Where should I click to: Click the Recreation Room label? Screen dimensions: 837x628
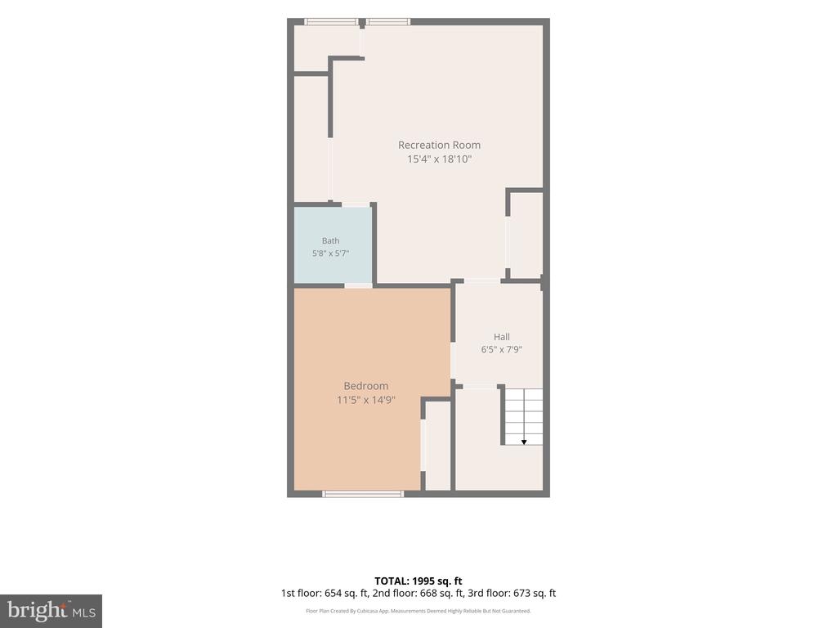coord(439,145)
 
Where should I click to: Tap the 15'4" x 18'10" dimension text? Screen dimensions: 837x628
coord(439,159)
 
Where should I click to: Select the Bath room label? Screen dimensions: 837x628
coord(330,241)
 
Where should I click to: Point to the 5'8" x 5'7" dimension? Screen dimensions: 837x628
coord(330,253)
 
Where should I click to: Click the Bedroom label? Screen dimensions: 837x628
coord(365,386)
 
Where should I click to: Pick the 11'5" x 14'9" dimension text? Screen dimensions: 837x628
coord(365,399)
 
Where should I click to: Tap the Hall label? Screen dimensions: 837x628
coord(501,337)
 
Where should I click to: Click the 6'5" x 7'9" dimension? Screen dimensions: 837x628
coord(501,350)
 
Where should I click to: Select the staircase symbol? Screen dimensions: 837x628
coord(524,416)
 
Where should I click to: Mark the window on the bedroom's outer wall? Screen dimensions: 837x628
coord(363,493)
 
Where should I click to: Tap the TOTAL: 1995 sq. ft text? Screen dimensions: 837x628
coord(418,581)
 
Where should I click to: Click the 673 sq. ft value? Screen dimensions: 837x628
coord(535,594)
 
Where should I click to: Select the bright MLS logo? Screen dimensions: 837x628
coord(51,611)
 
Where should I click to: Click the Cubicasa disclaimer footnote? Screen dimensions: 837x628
coord(418,611)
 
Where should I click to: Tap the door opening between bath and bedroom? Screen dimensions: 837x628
coord(358,285)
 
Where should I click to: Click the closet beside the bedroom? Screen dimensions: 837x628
coord(438,446)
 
